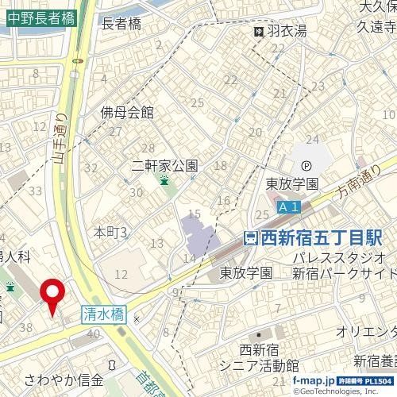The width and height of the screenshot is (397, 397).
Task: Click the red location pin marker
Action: click(53, 295)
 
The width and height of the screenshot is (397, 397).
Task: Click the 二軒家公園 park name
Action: click(165, 167)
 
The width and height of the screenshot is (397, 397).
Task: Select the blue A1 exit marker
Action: click(290, 207)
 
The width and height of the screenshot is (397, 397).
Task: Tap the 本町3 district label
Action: click(111, 232)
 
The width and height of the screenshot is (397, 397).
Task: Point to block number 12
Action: click(121, 274)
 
